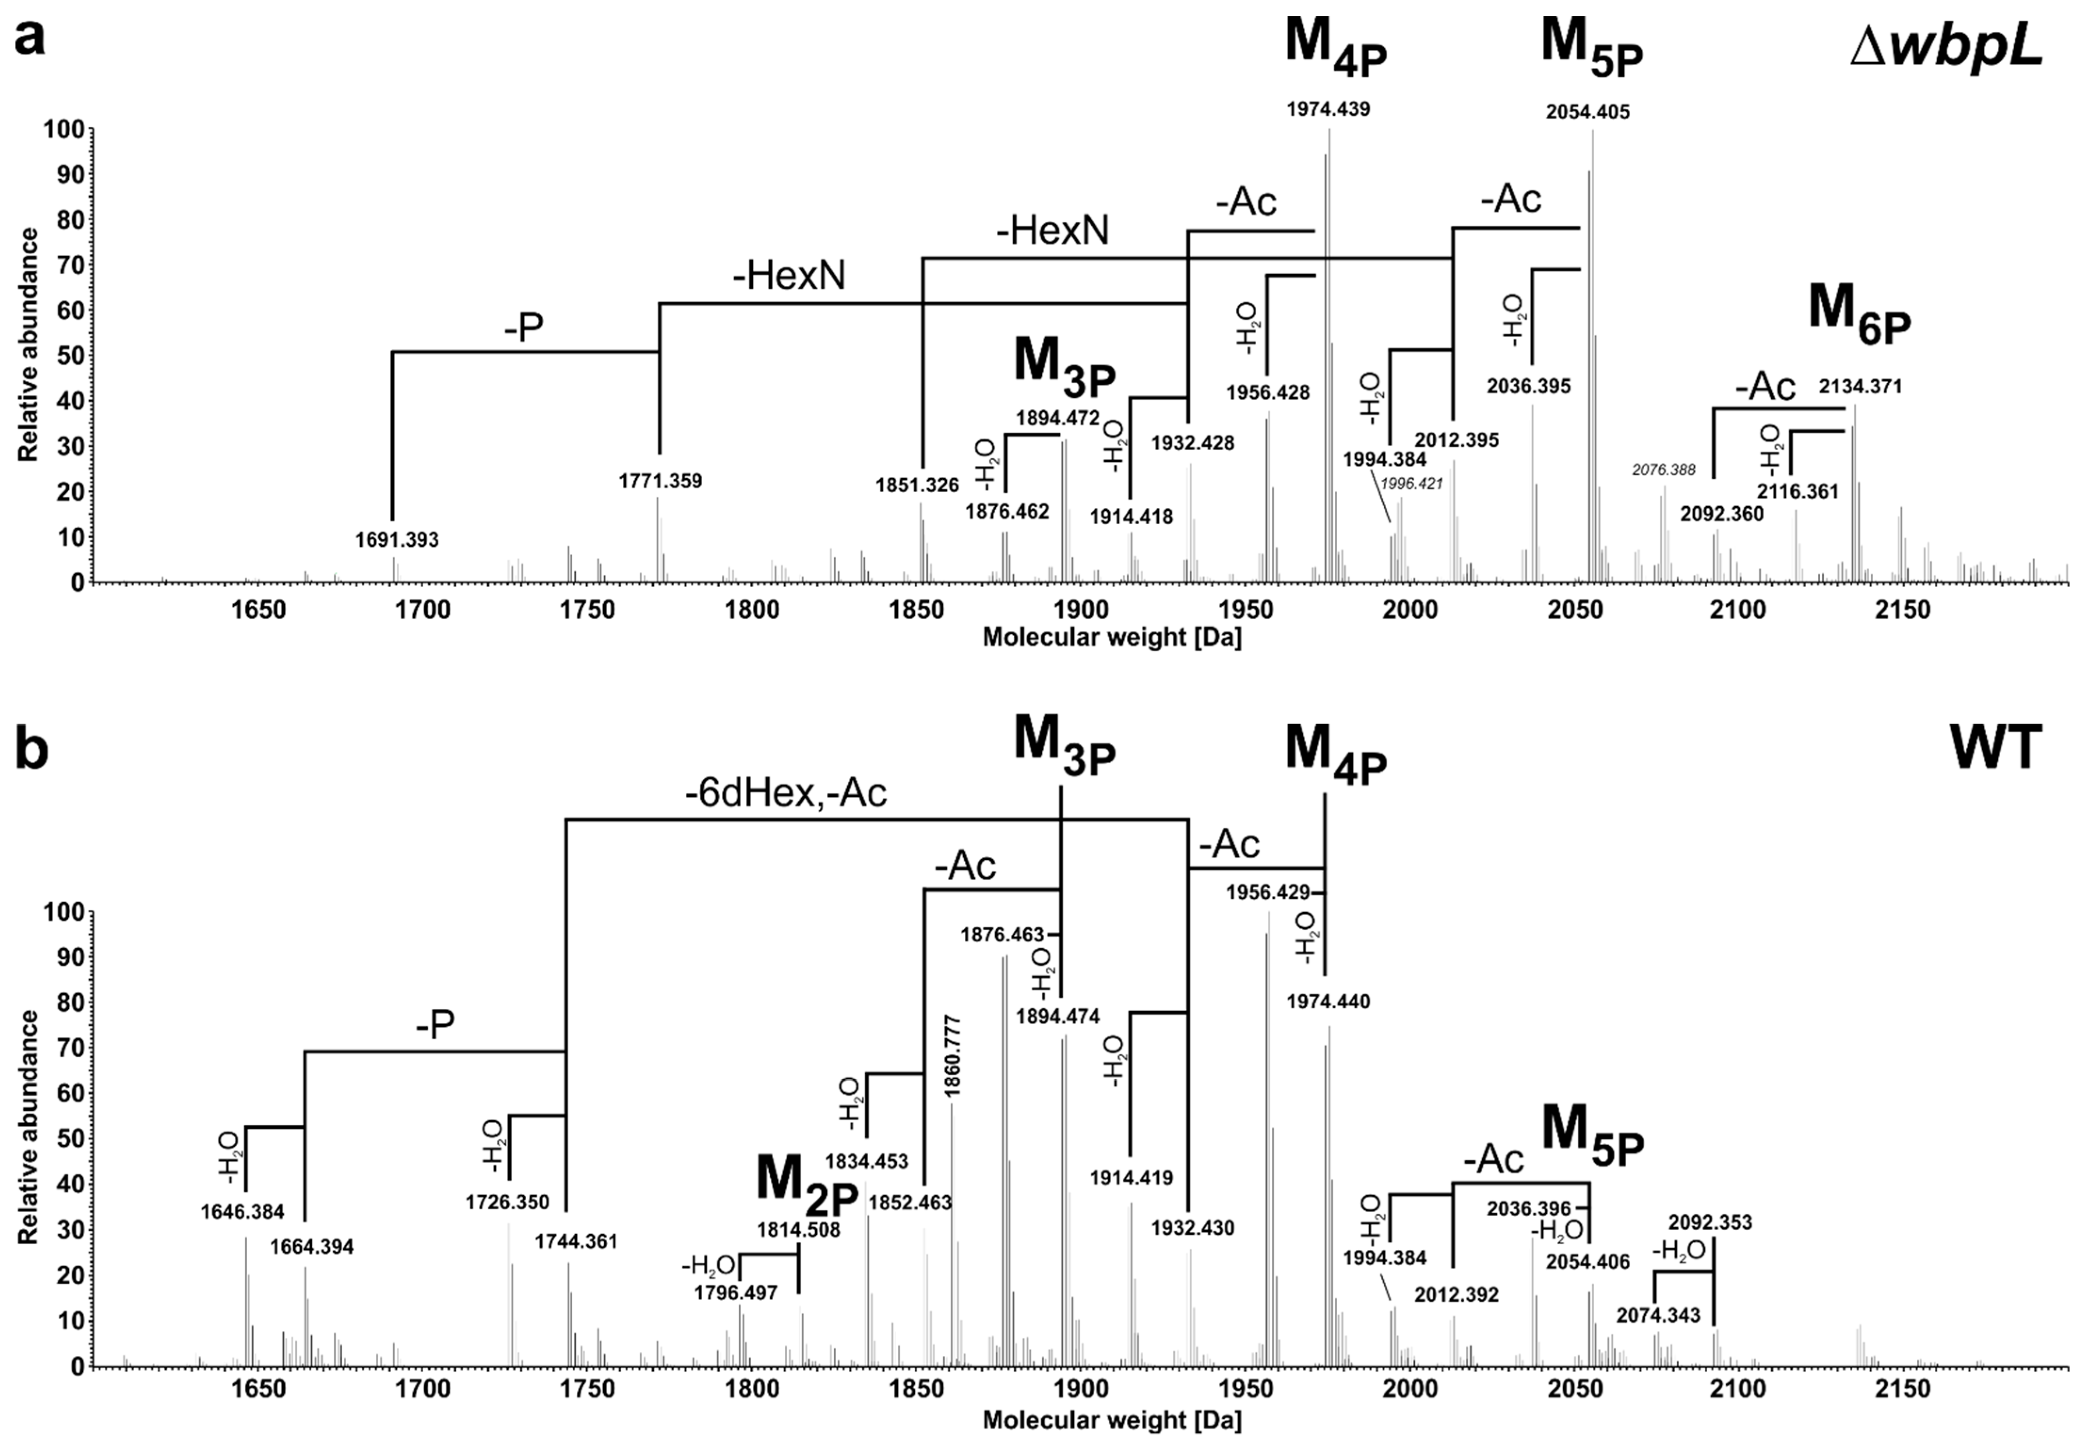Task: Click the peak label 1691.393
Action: (396, 540)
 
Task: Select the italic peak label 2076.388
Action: (1663, 470)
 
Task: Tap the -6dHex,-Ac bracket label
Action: (786, 793)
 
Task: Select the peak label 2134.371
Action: (1860, 387)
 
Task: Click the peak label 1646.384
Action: (242, 1211)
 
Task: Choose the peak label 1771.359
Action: (661, 481)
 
